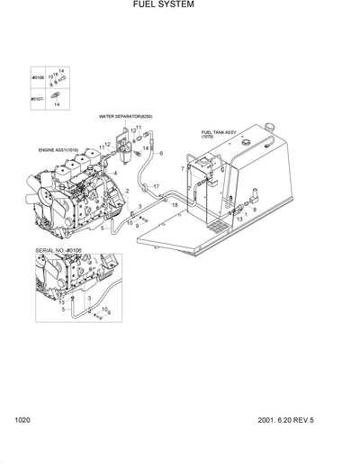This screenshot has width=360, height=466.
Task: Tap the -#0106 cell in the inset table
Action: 37,78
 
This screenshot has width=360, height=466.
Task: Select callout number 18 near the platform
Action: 175,206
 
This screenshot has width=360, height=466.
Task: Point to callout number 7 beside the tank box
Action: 182,169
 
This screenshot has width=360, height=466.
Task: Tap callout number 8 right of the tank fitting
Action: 254,209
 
